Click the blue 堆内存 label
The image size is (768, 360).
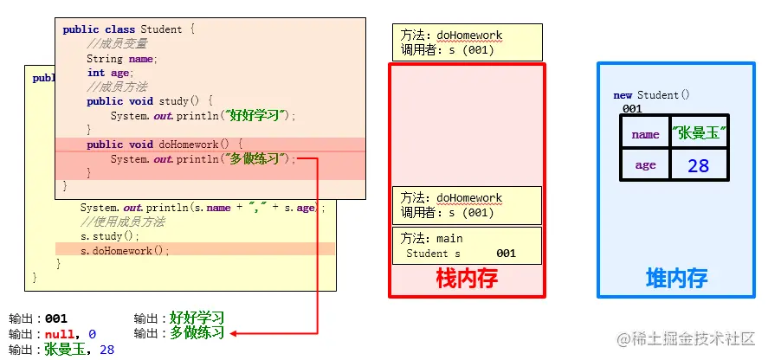(x=677, y=278)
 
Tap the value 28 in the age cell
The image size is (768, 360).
(x=698, y=164)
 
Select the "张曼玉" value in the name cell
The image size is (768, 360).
(x=698, y=133)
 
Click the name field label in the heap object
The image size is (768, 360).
(x=645, y=134)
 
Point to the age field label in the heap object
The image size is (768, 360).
(x=645, y=164)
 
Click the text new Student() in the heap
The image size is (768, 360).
(x=652, y=95)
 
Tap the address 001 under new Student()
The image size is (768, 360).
(x=632, y=109)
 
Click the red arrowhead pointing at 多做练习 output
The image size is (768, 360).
(x=234, y=333)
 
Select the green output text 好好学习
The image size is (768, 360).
(x=197, y=318)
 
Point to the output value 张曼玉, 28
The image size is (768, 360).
(x=79, y=350)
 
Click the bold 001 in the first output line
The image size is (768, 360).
(x=56, y=318)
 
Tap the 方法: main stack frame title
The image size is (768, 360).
(x=432, y=238)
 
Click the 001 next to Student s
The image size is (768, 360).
(x=506, y=254)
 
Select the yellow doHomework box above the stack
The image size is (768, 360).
(x=467, y=42)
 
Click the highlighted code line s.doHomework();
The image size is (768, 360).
(x=125, y=250)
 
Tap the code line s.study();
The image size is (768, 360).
(x=109, y=235)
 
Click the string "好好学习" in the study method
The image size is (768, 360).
(x=257, y=115)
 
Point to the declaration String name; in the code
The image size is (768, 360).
(x=120, y=59)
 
